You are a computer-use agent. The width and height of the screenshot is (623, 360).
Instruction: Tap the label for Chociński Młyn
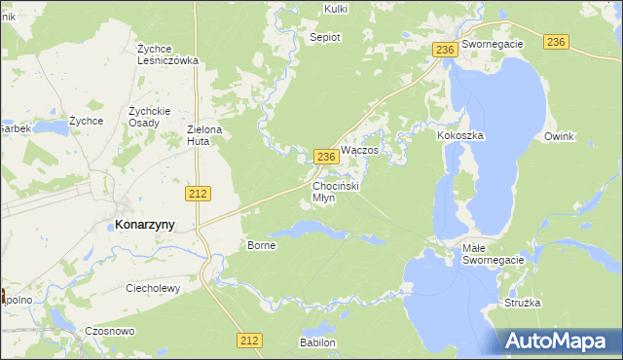click(x=337, y=191)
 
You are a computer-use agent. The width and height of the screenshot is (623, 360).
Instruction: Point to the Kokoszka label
click(x=460, y=136)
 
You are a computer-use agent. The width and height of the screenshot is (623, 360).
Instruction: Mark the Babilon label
click(x=317, y=343)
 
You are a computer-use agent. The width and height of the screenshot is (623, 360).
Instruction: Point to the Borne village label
click(x=262, y=245)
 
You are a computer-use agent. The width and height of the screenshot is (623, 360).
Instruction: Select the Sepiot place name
click(x=325, y=36)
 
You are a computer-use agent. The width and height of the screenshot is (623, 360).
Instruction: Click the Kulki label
click(x=335, y=9)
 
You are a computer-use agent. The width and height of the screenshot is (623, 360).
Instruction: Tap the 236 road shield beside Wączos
click(x=326, y=156)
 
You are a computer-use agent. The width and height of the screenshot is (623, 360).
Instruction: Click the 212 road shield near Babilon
click(x=249, y=340)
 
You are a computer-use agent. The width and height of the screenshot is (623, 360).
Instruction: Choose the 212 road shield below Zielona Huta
click(x=199, y=194)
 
